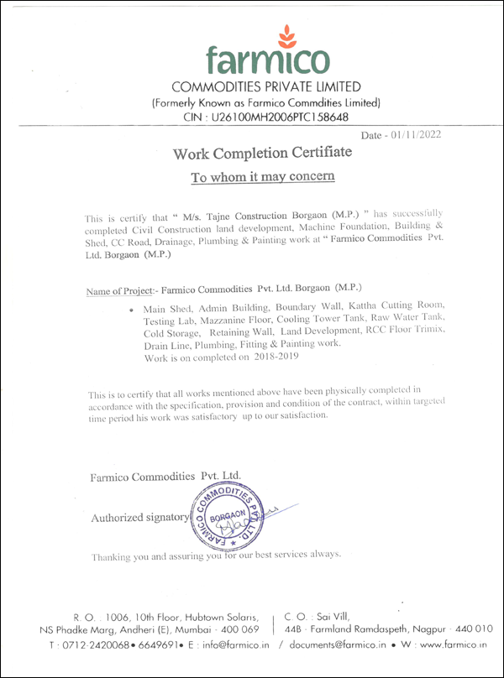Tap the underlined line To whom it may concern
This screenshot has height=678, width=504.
[x=262, y=177]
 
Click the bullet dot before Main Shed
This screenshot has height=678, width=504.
[x=134, y=310]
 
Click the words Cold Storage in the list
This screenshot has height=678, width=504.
[x=171, y=333]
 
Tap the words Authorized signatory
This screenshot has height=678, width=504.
[x=139, y=518]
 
